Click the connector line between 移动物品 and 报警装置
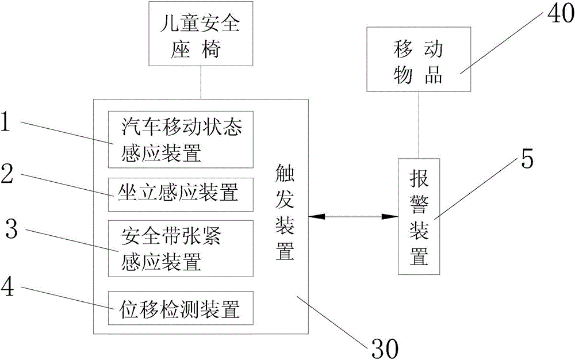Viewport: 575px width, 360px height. click(x=419, y=125)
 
